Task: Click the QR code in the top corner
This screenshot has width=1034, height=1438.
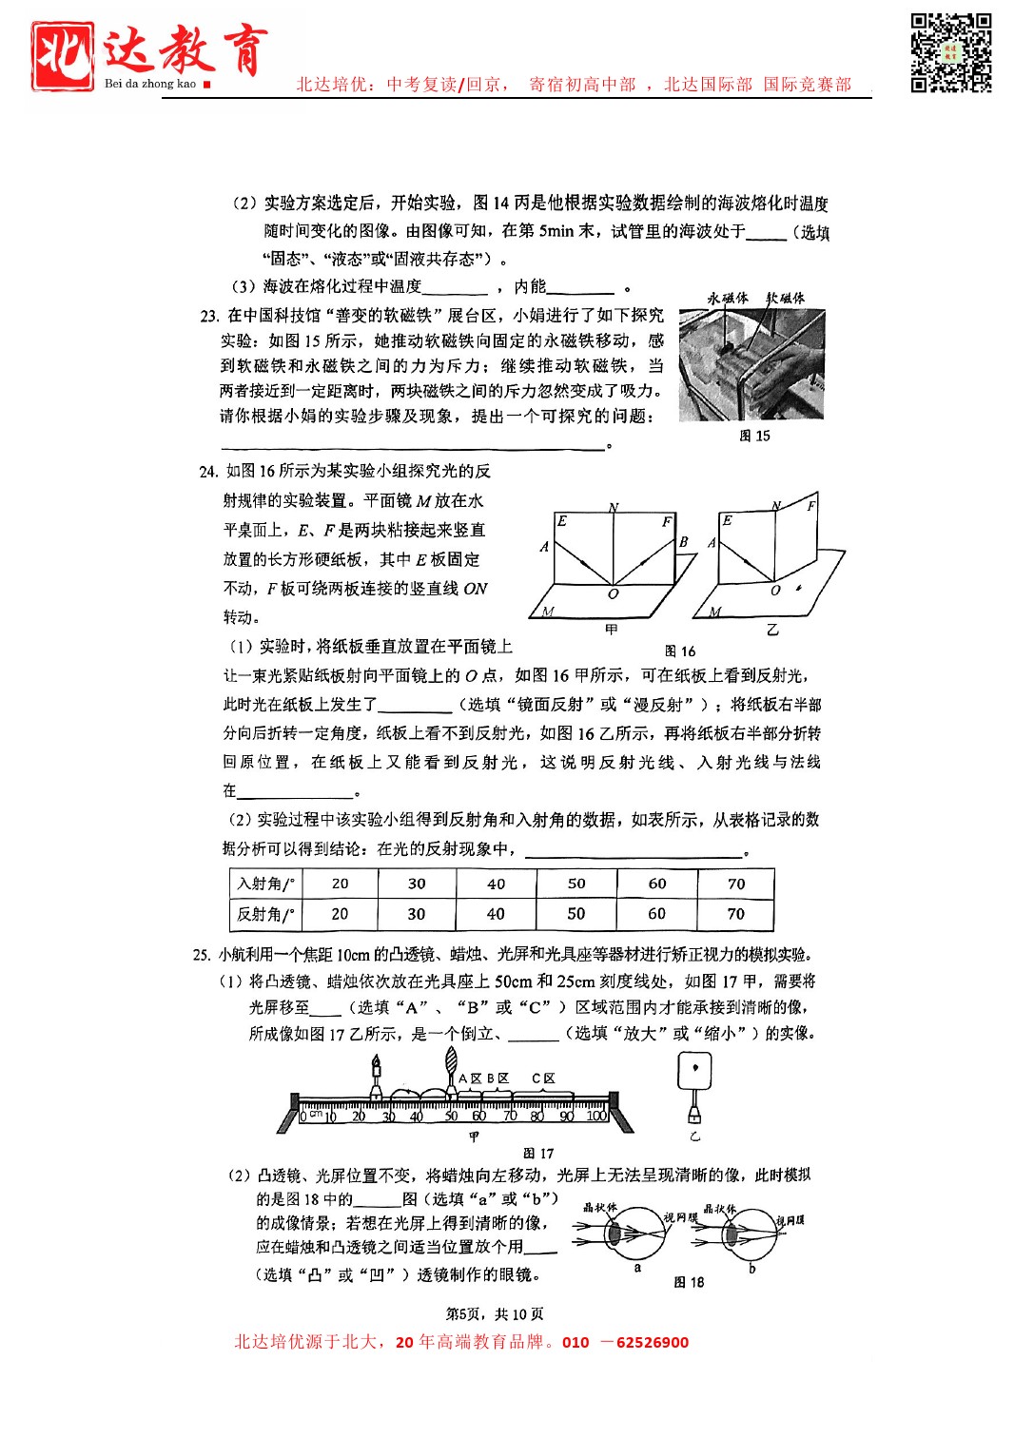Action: [950, 52]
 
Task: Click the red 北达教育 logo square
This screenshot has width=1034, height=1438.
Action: [62, 56]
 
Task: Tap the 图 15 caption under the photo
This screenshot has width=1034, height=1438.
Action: [754, 436]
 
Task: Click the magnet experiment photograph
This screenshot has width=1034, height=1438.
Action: [751, 364]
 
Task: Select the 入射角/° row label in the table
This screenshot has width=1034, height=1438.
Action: [265, 884]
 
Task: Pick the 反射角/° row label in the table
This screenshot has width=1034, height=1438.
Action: [265, 914]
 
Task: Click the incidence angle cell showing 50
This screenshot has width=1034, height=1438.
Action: [576, 884]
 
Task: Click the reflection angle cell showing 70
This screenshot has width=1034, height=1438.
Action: [735, 914]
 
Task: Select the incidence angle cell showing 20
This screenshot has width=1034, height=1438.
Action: [340, 884]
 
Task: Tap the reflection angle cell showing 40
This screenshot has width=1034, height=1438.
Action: [496, 914]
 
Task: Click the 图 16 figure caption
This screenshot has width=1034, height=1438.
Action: [680, 651]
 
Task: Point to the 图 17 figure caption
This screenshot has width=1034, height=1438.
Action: [538, 1154]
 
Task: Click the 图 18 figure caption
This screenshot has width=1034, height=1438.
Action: [689, 1282]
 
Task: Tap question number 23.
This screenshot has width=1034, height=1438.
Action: [209, 316]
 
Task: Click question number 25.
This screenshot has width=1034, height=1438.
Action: [201, 955]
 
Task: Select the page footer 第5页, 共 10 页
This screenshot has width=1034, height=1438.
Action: [495, 1314]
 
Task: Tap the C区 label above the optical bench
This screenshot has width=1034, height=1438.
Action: [543, 1078]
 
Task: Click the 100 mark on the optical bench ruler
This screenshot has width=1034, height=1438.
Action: [596, 1116]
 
